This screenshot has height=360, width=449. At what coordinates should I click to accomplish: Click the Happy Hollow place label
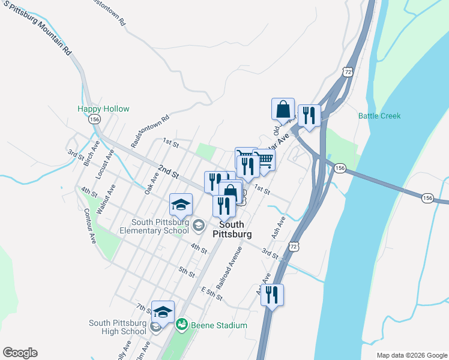point(103,109)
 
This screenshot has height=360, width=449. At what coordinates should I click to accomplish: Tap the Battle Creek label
point(379,116)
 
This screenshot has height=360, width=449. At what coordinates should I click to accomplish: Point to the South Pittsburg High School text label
point(118,327)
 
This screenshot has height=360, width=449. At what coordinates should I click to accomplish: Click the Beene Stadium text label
point(219,325)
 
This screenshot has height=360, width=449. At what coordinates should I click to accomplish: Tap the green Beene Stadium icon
point(181,325)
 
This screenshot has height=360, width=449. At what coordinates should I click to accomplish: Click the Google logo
point(20,353)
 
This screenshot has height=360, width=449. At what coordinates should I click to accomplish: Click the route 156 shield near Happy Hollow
point(94,119)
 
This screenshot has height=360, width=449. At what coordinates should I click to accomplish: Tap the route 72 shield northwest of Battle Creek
point(348,71)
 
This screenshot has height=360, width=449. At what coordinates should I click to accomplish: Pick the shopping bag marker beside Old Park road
point(283,110)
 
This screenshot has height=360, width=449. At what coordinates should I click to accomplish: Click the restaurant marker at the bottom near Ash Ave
point(272,295)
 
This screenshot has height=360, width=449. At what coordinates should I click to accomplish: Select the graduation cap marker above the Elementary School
point(181,205)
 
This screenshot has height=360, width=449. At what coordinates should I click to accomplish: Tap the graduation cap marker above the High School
point(163,311)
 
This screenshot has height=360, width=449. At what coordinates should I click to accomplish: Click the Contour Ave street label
point(90,226)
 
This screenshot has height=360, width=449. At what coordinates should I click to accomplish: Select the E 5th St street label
point(212,293)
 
